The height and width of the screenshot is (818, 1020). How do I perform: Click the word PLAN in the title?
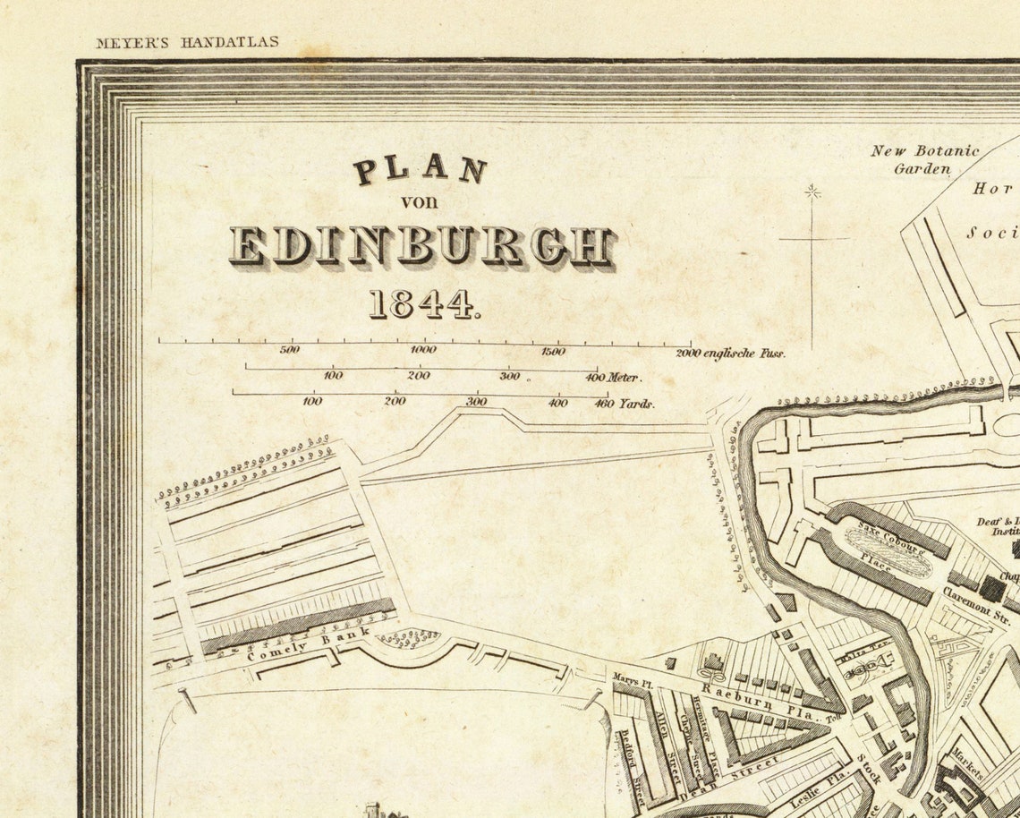click(421, 169)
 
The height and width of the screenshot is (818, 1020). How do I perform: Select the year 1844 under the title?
click(424, 305)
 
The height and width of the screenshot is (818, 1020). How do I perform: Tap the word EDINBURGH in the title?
click(421, 245)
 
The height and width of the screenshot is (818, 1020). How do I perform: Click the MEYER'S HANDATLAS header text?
click(187, 42)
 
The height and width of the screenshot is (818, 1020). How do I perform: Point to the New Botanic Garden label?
click(924, 159)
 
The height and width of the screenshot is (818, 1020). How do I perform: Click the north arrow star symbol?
click(812, 191)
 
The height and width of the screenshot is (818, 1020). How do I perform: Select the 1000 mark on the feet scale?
click(423, 351)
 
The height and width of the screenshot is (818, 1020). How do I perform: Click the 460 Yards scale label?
click(625, 404)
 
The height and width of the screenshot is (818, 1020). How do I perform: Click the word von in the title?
click(419, 201)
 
